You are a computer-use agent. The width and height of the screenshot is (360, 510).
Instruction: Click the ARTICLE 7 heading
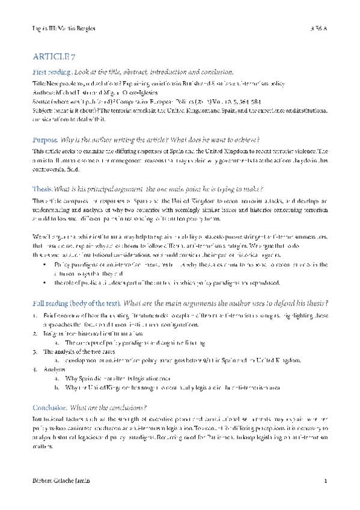click(53, 57)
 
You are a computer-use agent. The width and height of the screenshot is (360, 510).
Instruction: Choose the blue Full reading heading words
click(52, 302)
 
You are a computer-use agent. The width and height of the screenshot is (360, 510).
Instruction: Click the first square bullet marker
click(46, 265)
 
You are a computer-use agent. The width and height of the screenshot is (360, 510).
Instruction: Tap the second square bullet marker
click(46, 282)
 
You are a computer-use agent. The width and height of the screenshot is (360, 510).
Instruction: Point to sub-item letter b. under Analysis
click(56, 387)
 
